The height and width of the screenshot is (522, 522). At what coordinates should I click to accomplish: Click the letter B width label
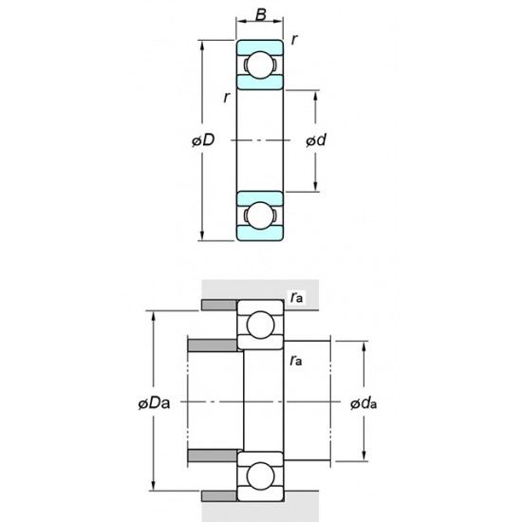click(259, 16)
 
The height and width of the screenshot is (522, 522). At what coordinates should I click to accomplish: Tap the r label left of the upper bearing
click(226, 98)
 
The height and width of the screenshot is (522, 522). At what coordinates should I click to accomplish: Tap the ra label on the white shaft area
click(297, 361)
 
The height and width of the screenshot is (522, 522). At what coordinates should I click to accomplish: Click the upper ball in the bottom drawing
click(260, 326)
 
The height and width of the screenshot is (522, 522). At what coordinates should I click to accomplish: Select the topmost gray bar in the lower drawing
click(218, 306)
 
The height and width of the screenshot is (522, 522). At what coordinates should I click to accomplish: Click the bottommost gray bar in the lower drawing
click(218, 497)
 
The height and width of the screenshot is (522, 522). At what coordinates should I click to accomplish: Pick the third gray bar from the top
click(214, 457)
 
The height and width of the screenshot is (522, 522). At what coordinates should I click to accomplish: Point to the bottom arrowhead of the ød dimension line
click(316, 187)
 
